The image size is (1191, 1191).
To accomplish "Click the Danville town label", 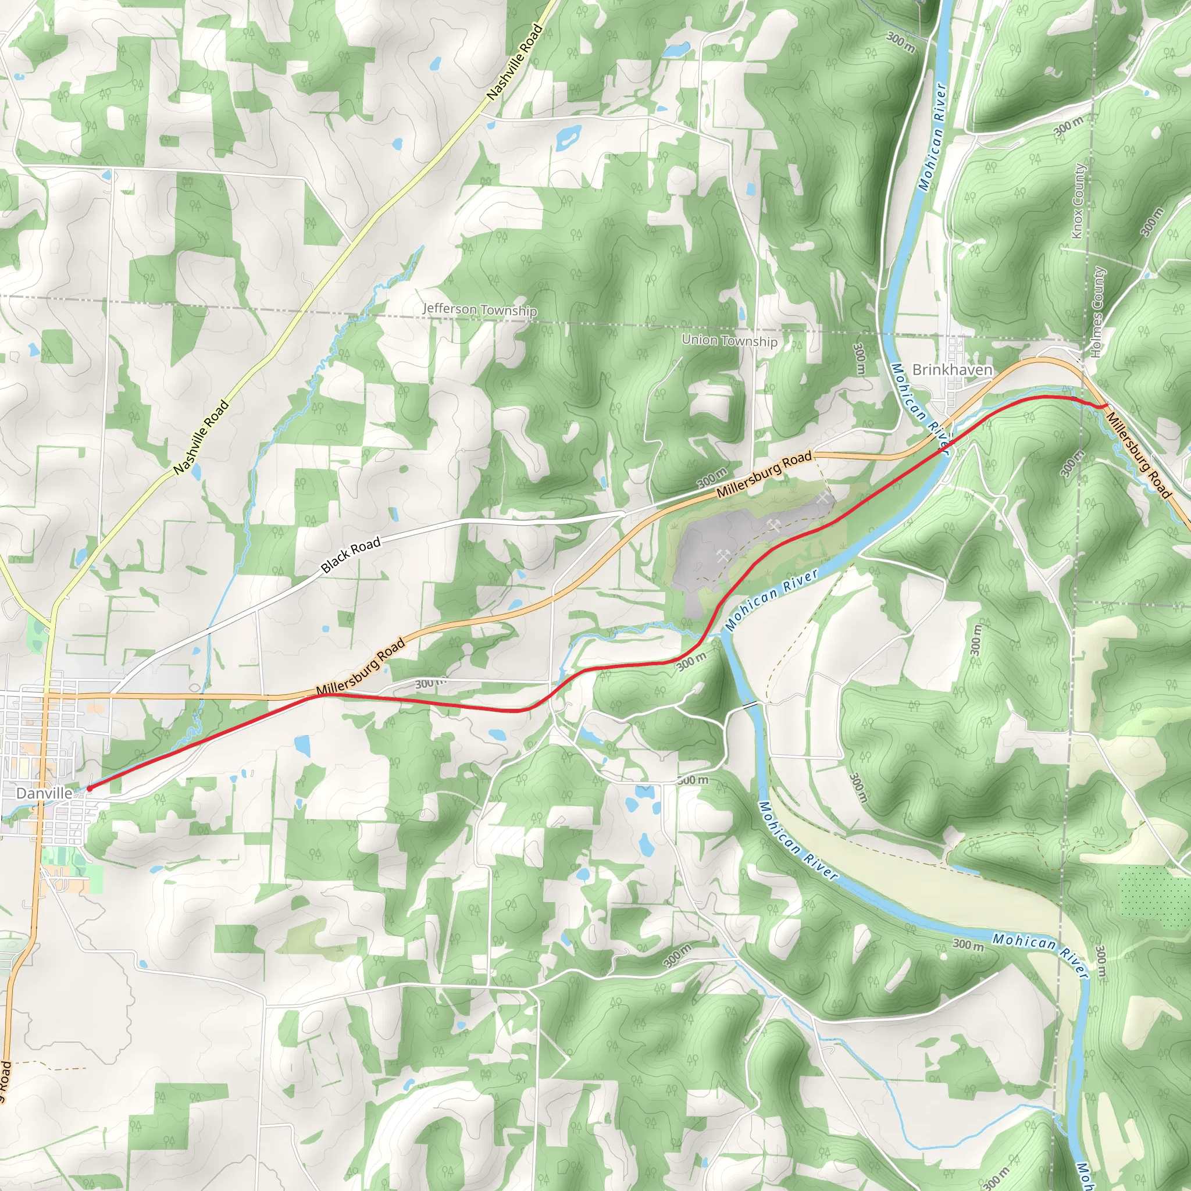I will tap(44, 793).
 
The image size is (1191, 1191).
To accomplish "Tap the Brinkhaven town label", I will tap(952, 370).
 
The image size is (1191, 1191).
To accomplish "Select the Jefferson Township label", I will tap(480, 309).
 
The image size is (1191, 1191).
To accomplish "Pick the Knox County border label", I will tap(1078, 201).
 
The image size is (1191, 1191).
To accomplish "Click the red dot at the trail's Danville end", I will tap(90, 788).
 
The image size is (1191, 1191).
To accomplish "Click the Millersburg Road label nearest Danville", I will tap(361, 668).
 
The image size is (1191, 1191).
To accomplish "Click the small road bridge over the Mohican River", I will tap(750, 704).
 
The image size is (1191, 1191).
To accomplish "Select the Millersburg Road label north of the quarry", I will tap(764, 475).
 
